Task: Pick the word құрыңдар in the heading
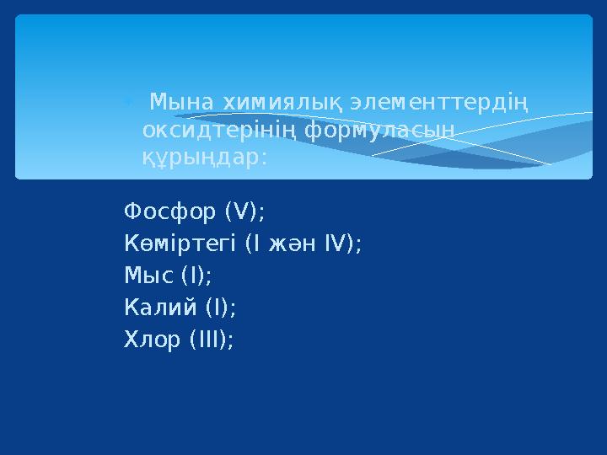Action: click(x=201, y=158)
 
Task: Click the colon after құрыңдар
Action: click(x=265, y=158)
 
